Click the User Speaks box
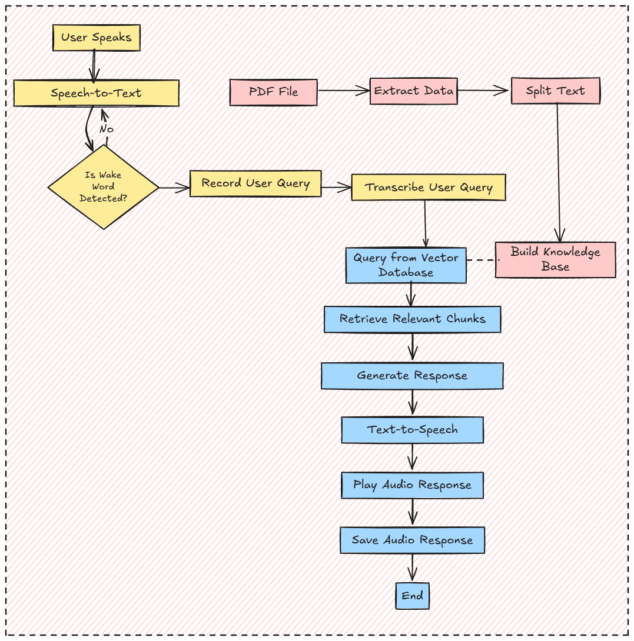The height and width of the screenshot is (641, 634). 97,38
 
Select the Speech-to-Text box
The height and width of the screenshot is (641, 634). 96,93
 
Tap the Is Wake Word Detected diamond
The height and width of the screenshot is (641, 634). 103,187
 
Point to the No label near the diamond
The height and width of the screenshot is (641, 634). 107,129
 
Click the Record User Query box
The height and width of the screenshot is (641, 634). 255,183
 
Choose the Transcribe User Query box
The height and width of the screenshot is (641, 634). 429,187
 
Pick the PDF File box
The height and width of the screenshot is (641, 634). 273,92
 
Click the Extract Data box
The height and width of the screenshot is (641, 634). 413,91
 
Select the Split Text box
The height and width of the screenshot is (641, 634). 556,91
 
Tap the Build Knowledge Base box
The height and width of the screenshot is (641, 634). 556,259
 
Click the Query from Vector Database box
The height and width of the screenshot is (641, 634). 406,265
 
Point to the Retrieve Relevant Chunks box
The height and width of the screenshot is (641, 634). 412,319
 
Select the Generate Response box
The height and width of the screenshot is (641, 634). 412,376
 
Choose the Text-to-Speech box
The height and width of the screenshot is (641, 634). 412,430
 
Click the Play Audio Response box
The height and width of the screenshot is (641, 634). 412,485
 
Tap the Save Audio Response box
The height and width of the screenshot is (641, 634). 412,540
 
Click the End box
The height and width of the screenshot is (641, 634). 412,596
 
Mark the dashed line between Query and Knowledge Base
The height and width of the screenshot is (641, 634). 483,259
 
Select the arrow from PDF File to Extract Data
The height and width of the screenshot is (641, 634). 344,91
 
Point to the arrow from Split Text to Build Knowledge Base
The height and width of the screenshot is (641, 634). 558,173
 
